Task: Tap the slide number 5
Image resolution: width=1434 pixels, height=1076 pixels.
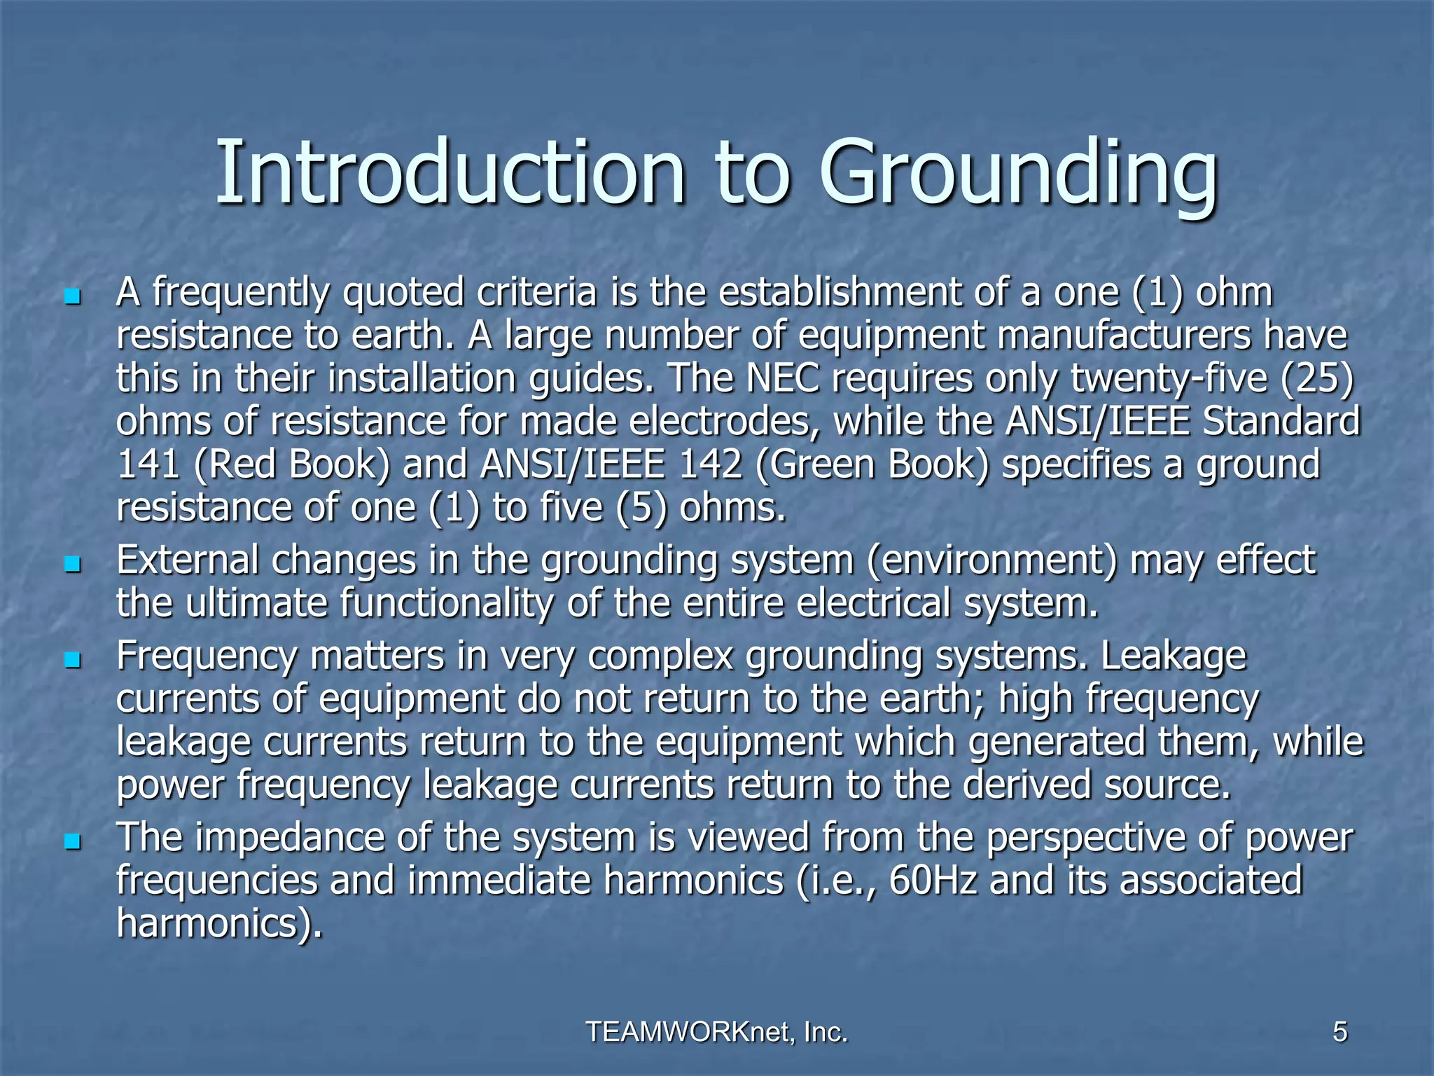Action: click(x=1339, y=1032)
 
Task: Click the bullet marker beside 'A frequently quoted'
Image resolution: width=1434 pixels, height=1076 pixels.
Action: click(x=71, y=297)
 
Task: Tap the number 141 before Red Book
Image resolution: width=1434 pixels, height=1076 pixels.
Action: click(x=148, y=465)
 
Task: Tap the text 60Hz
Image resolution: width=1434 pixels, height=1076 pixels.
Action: click(x=933, y=881)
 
